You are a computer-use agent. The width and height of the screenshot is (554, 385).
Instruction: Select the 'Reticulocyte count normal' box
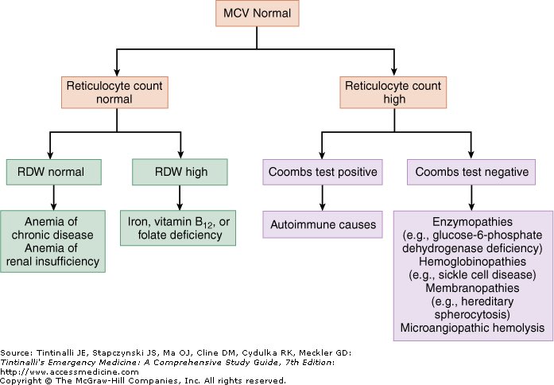pos(117,92)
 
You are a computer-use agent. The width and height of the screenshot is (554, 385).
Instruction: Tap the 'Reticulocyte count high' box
pos(395,92)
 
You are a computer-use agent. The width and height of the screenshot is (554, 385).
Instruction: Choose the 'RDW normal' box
pos(53,171)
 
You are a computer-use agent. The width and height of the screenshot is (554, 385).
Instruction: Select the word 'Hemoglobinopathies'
pos(474,262)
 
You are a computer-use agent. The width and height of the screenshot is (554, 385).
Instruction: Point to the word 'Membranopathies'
pos(474,288)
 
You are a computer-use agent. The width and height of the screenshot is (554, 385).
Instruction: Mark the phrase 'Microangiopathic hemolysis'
pos(474,328)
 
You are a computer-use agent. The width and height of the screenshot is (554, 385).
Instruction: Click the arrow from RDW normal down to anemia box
pos(53,197)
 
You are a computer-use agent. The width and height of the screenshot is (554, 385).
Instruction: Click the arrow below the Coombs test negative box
pos(471,197)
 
